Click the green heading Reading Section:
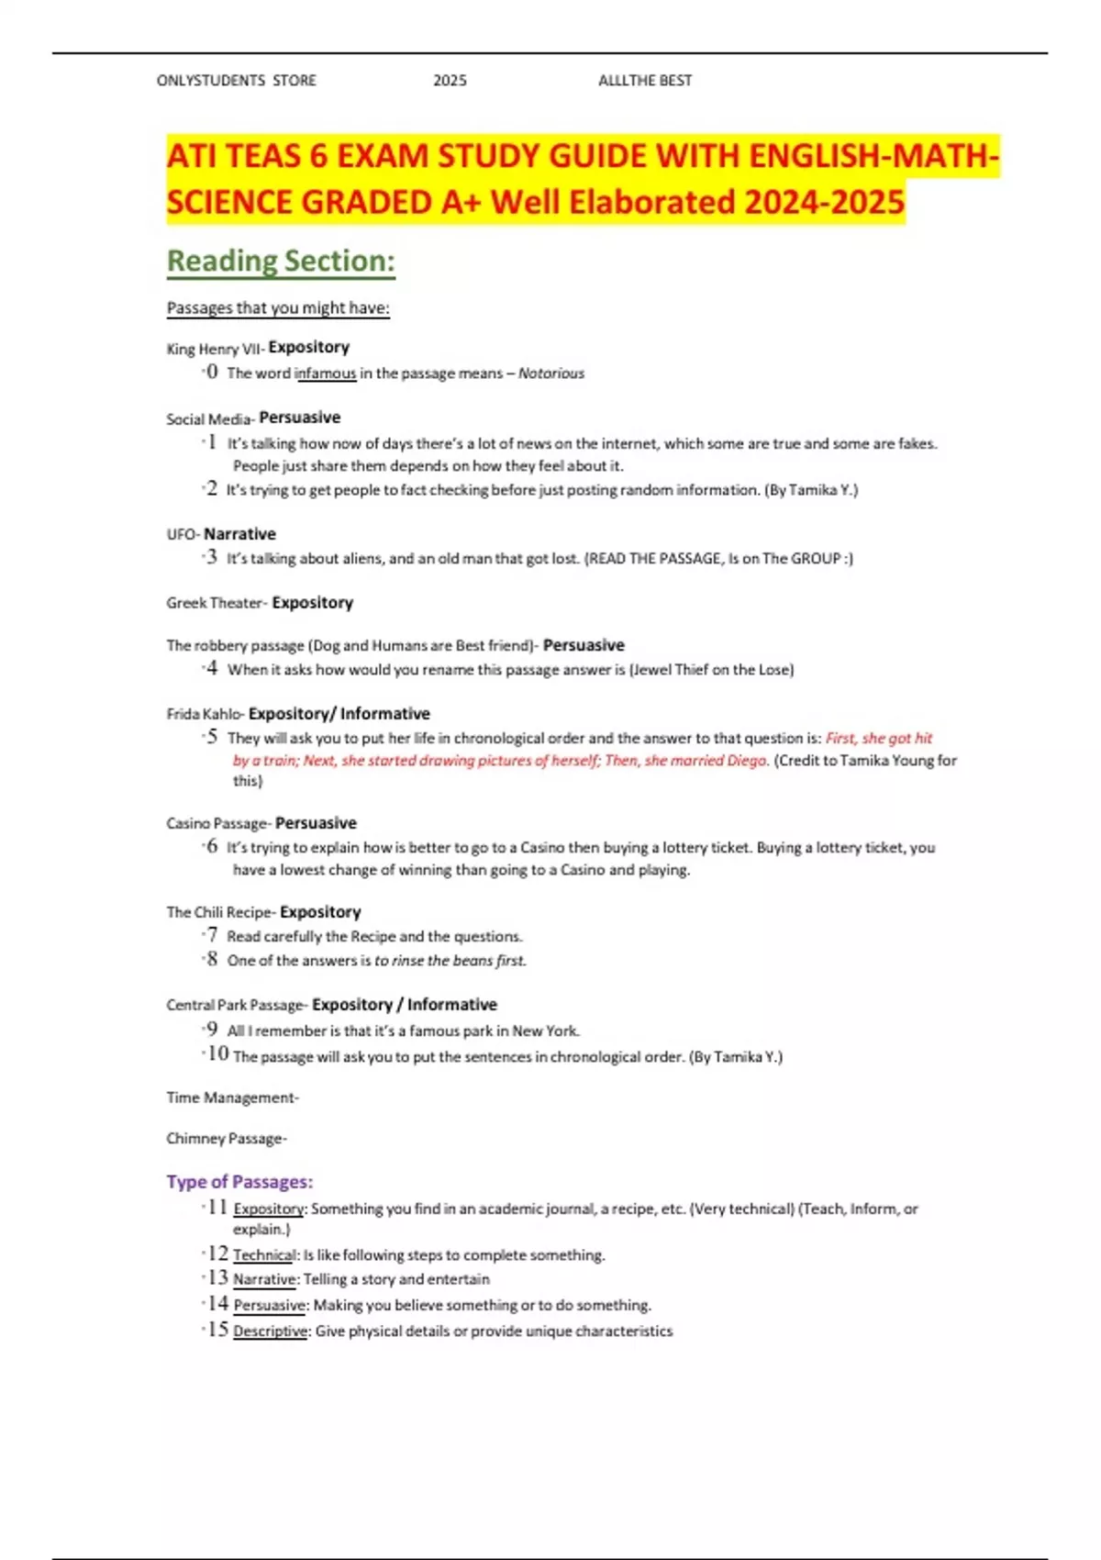[x=281, y=262]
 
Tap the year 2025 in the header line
[x=450, y=81]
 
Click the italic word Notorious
[x=550, y=373]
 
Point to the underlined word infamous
[x=325, y=373]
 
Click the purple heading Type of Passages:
[x=239, y=1182]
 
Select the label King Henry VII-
[x=216, y=349]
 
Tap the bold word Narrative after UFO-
[x=239, y=534]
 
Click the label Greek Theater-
[x=217, y=603]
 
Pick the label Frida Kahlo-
[x=206, y=714]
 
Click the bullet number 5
[x=212, y=737]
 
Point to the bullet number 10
[x=217, y=1053]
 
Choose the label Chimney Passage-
[x=227, y=1139]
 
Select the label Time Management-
[x=232, y=1098]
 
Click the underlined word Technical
[x=264, y=1255]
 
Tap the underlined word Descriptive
[x=271, y=1332]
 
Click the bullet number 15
[x=217, y=1329]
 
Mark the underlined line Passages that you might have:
[x=278, y=308]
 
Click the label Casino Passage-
[x=218, y=823]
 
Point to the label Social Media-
[x=210, y=419]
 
